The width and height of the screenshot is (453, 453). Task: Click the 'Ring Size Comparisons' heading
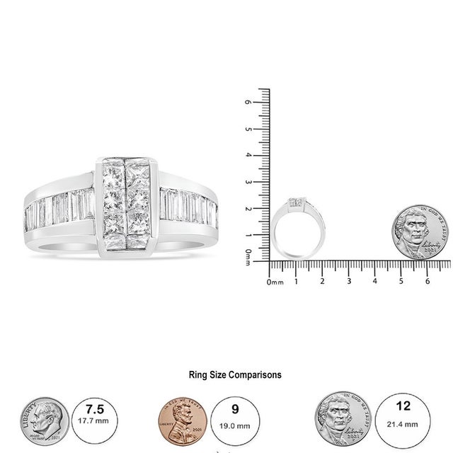[x=235, y=375]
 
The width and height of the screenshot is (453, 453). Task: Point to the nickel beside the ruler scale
[x=420, y=231]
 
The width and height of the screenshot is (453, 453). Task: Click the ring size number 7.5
[x=93, y=410]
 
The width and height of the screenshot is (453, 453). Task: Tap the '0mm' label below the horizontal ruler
[x=275, y=282]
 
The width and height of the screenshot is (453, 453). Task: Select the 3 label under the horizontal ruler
[x=349, y=282]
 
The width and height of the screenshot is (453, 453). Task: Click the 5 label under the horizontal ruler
[x=401, y=282]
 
